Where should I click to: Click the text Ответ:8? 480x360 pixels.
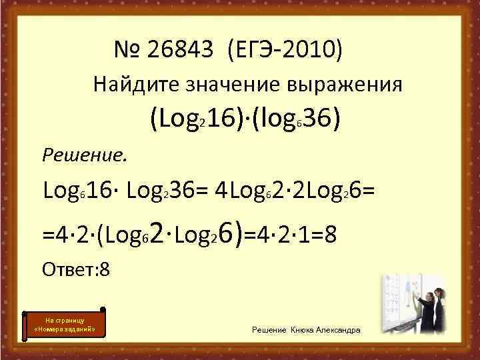75,270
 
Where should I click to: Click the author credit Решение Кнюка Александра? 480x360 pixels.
307,331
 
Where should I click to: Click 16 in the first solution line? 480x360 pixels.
97,193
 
